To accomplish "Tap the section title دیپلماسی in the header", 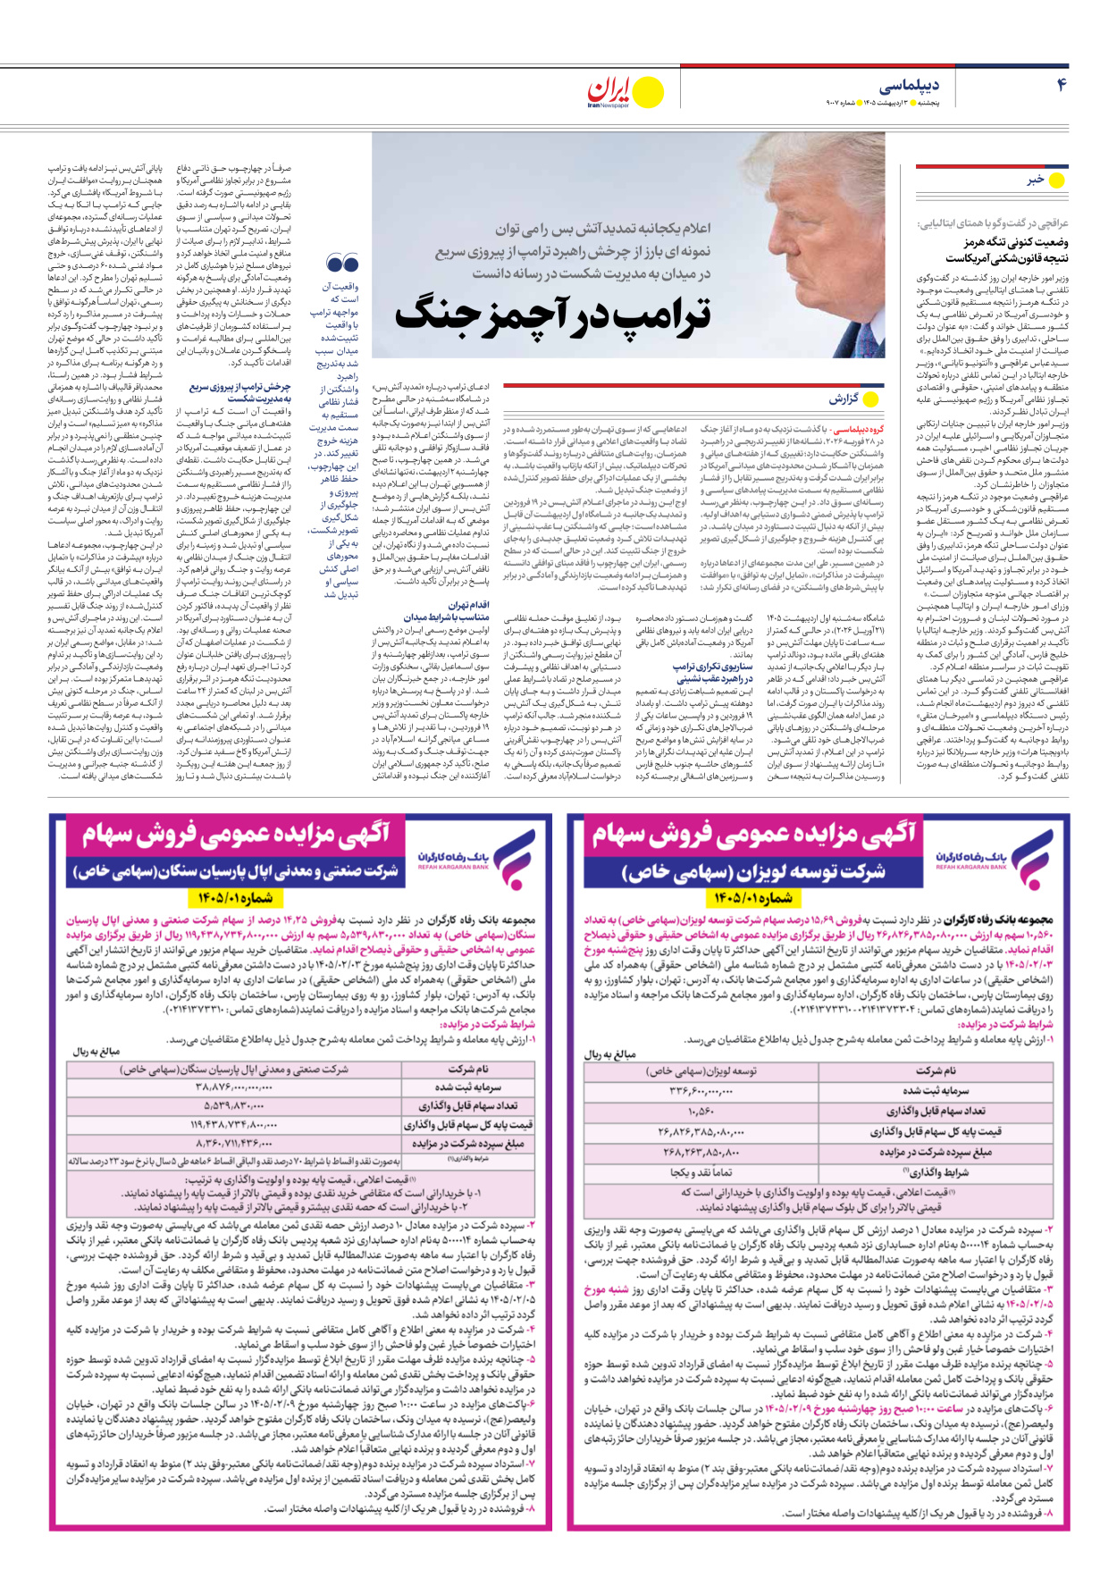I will click(910, 86).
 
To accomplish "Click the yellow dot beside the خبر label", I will click(1056, 180).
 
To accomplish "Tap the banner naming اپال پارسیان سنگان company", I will click(236, 870).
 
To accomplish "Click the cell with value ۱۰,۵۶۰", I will click(701, 1111).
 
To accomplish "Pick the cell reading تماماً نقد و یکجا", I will click(701, 1171).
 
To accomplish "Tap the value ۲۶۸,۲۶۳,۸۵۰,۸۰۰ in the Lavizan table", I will click(701, 1152).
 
